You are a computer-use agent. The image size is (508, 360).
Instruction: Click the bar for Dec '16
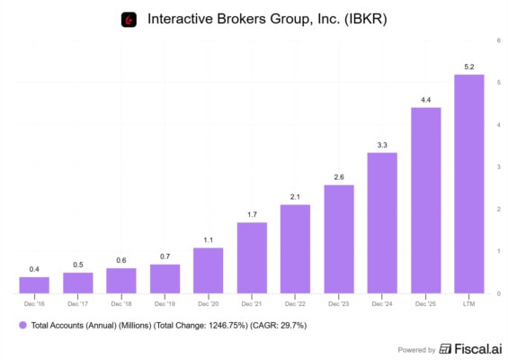34,285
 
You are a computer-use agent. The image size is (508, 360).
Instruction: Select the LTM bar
469,184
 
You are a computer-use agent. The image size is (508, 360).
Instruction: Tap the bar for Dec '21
252,257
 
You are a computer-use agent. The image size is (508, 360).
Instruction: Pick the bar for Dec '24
382,223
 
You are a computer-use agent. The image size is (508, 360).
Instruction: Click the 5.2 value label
469,67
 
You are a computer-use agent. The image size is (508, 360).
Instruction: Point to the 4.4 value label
425,100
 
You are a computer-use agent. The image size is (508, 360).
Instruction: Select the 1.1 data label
209,240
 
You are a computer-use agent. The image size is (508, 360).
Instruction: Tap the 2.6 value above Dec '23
339,177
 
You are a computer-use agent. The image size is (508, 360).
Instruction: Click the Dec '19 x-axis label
165,304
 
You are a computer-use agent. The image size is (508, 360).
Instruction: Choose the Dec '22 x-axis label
295,304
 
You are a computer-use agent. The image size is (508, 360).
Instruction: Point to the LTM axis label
468,304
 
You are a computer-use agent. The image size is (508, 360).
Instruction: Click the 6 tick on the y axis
499,40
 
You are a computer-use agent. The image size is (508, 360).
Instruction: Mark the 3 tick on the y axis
499,167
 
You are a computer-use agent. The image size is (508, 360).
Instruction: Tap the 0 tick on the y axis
499,293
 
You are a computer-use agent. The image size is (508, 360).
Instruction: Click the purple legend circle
22,325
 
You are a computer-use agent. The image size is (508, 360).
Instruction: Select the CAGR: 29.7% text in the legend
279,325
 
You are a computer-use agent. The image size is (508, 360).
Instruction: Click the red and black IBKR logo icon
129,20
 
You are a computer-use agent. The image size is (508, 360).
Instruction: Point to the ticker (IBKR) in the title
365,19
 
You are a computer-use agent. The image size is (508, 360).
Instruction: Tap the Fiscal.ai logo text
478,349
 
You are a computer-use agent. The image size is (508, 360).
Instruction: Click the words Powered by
416,350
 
